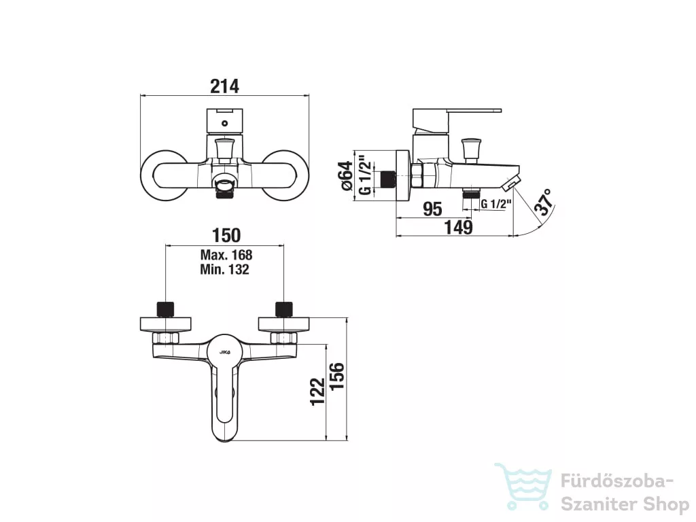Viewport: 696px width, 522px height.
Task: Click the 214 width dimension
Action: (224, 86)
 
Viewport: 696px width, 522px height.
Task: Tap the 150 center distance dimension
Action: (226, 236)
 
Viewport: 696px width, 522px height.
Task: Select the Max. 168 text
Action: (226, 255)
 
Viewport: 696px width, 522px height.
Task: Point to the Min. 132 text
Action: (224, 269)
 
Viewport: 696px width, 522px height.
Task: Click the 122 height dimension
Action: (318, 391)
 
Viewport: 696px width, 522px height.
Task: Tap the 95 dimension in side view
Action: (432, 209)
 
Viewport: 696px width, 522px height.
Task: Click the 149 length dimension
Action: (459, 227)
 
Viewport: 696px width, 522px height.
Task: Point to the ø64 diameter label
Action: (347, 176)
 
